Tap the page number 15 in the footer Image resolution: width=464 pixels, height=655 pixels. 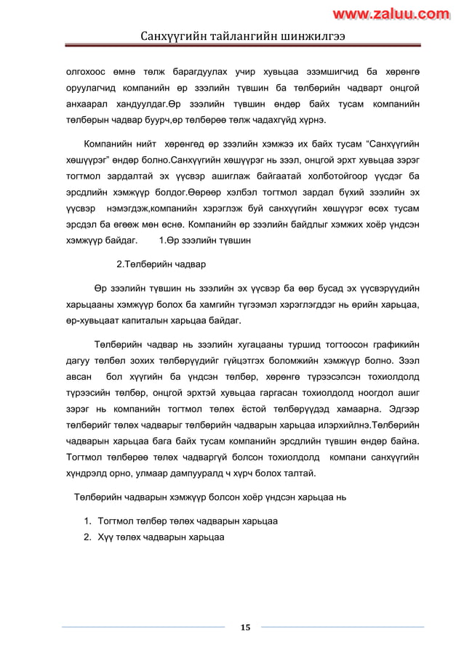(245, 627)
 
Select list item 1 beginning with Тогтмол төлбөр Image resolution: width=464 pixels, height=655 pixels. (187, 521)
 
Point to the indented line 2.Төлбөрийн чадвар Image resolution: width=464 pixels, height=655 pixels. (161, 264)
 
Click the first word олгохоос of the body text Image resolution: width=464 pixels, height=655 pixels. (87, 72)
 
